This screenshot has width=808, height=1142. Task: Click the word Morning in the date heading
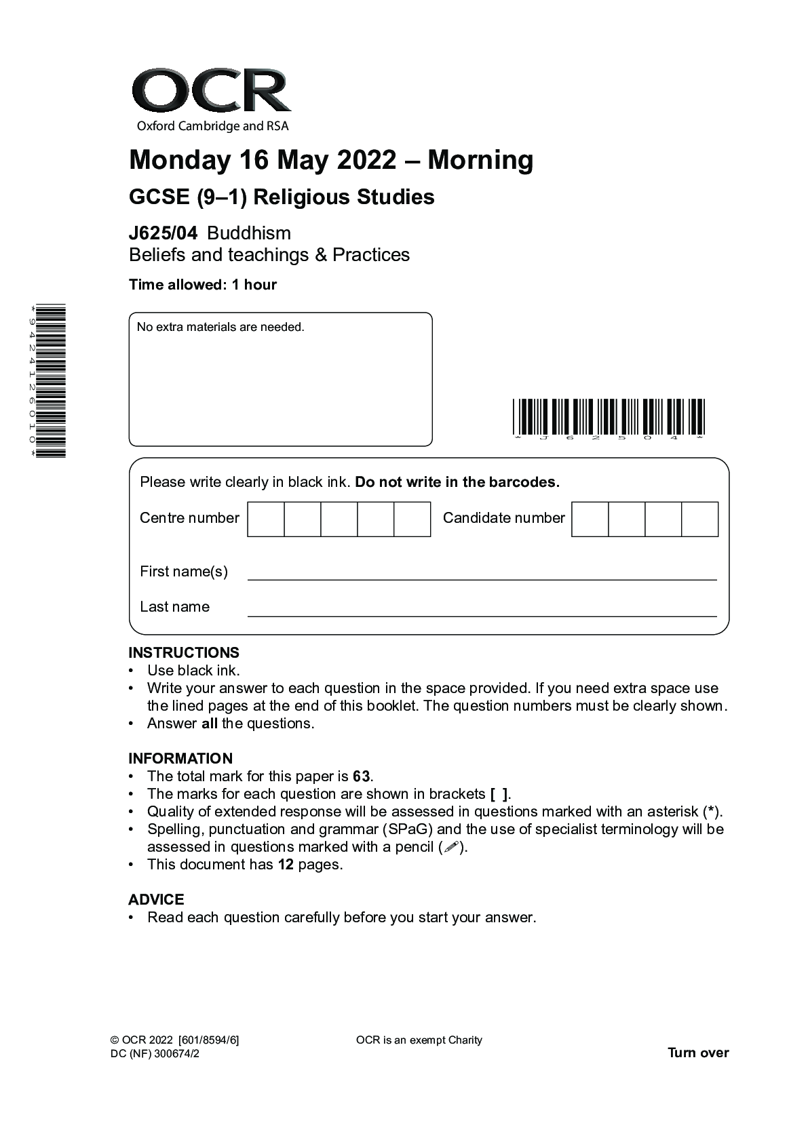pyautogui.click(x=480, y=160)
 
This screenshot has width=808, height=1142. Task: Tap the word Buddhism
pyautogui.click(x=249, y=233)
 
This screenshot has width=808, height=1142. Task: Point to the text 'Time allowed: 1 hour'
pyautogui.click(x=203, y=285)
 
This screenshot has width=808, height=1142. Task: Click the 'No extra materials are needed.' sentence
pyautogui.click(x=220, y=327)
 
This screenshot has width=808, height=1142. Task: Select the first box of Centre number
pyautogui.click(x=266, y=519)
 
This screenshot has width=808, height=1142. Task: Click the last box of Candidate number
pyautogui.click(x=699, y=519)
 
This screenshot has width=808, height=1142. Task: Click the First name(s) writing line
pyautogui.click(x=482, y=575)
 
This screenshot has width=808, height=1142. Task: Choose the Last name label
pyautogui.click(x=174, y=607)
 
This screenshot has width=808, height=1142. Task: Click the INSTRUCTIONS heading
pyautogui.click(x=184, y=652)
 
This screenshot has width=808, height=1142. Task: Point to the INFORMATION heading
pyautogui.click(x=180, y=758)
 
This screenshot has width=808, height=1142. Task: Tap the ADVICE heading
pyautogui.click(x=156, y=899)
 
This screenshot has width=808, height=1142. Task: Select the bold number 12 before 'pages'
pyautogui.click(x=286, y=865)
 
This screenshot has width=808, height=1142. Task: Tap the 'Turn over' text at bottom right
pyautogui.click(x=698, y=1052)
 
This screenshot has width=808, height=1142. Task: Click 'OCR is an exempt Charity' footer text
pyautogui.click(x=419, y=1040)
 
